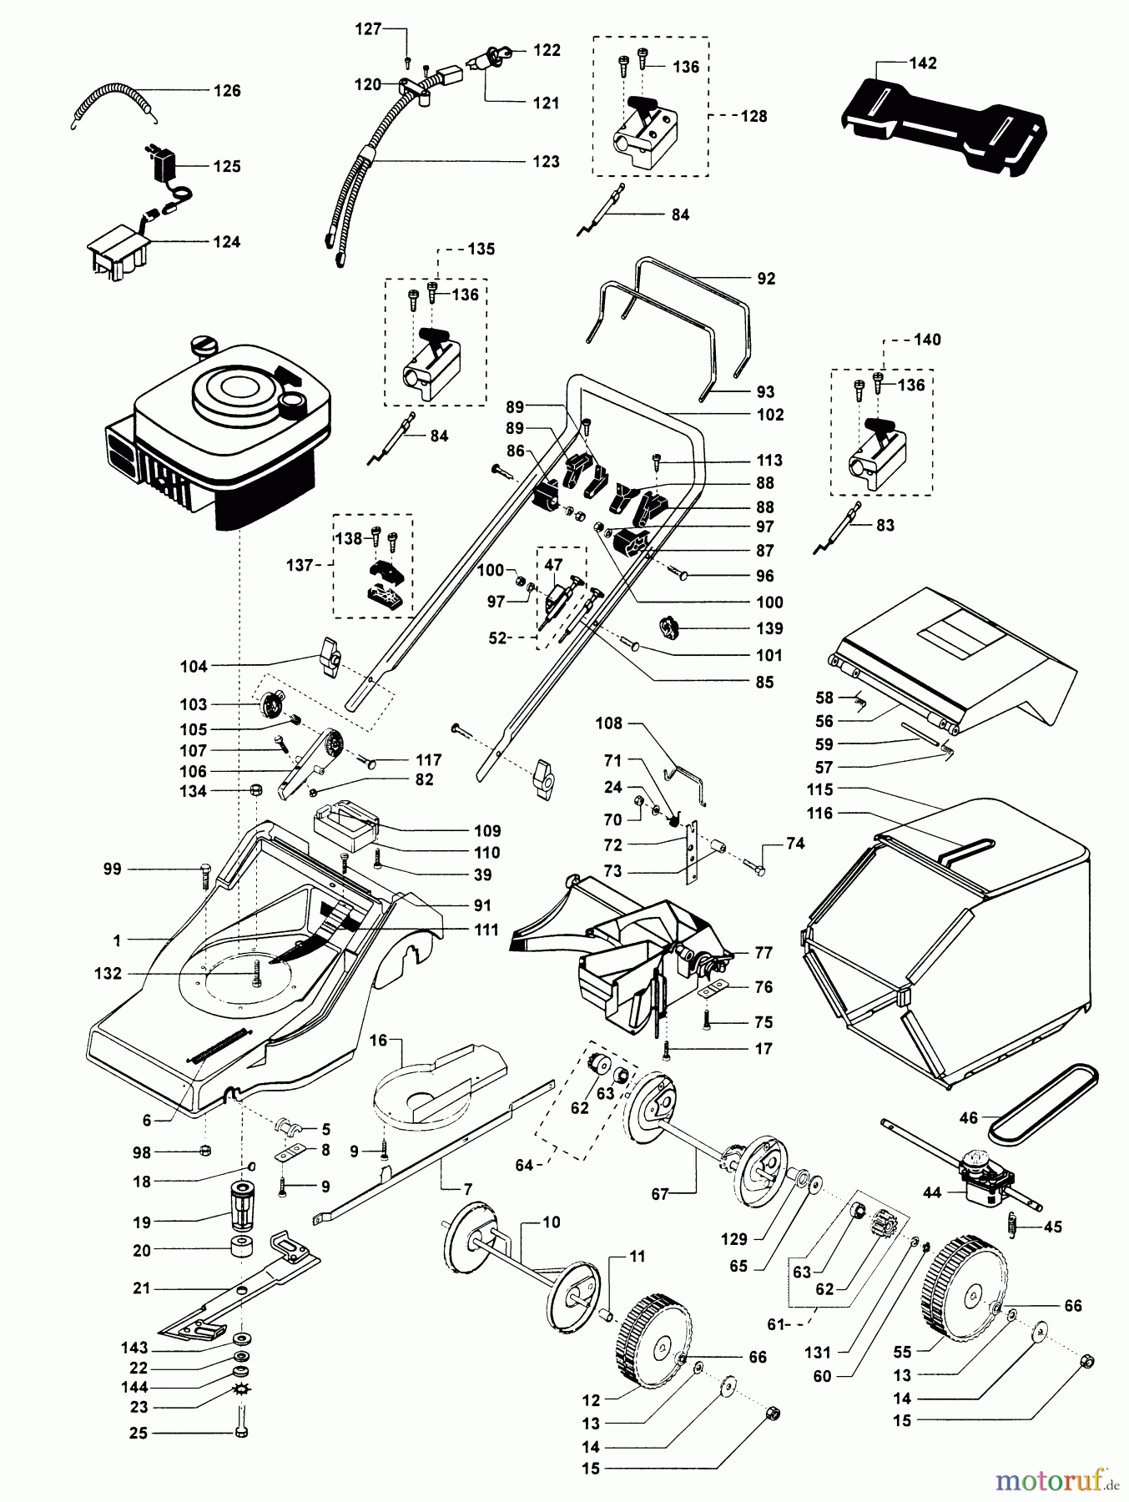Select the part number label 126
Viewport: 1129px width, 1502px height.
click(227, 91)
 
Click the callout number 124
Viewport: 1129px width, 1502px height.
click(226, 242)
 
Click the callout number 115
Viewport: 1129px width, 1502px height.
click(819, 789)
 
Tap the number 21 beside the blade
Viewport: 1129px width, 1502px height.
click(142, 1288)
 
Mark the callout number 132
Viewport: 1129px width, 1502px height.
click(108, 973)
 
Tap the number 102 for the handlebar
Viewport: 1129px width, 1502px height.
click(770, 415)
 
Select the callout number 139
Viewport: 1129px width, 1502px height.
click(770, 628)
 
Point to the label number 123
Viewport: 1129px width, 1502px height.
click(546, 161)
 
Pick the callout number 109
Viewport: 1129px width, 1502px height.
click(486, 830)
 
